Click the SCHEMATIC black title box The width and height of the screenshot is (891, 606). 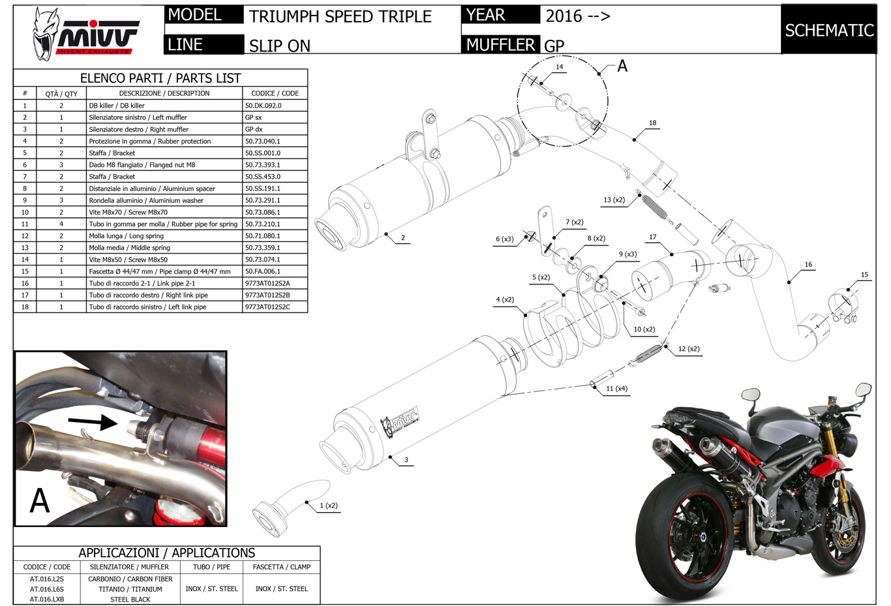828,30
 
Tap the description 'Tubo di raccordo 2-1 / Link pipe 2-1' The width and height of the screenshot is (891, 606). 142,283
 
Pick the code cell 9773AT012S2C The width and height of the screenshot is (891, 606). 267,307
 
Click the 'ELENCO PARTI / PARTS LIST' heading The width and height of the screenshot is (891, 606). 160,78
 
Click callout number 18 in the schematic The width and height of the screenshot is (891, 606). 652,123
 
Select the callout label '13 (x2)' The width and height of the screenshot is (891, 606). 614,200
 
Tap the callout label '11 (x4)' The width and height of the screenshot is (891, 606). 616,389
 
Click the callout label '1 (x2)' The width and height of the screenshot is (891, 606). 328,506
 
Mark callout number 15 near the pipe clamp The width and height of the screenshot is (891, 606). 864,275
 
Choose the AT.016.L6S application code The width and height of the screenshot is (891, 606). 47,589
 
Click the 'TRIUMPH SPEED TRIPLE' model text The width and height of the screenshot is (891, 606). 340,16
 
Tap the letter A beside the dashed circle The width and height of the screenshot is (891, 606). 622,66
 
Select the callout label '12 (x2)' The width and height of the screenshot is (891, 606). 689,349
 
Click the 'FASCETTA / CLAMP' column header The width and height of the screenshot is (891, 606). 282,567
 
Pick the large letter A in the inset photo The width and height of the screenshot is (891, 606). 40,501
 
